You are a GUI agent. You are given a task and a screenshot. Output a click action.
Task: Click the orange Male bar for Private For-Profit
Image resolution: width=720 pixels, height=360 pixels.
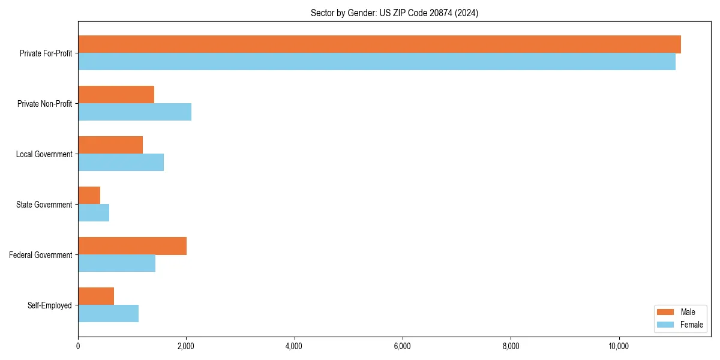pos(379,44)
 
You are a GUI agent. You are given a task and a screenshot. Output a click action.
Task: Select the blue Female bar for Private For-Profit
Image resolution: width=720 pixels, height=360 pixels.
pos(377,62)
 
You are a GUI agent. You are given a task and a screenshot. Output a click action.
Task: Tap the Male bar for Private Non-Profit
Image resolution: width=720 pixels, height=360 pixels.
pos(116,95)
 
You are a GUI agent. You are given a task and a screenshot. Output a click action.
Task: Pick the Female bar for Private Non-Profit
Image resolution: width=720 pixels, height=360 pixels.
pos(134,112)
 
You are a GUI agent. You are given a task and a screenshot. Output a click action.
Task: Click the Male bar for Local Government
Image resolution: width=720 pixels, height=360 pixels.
pos(110,145)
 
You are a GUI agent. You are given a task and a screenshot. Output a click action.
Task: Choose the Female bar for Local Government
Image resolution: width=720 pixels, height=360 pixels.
pos(121,163)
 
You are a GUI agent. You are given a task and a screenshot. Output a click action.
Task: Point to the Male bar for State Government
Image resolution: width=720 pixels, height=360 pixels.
pos(89,196)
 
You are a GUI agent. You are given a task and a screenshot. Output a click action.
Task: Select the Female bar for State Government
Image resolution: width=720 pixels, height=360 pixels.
pos(94,213)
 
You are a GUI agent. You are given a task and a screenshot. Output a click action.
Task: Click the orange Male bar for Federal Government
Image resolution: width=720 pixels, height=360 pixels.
pos(132,246)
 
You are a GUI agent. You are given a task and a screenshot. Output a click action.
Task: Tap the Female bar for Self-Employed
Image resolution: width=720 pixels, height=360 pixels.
pos(108,314)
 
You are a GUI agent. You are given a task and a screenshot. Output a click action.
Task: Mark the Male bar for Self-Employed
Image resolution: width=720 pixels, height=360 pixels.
pos(96,296)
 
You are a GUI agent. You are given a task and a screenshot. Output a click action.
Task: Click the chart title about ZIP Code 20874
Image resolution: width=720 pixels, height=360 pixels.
pos(394,13)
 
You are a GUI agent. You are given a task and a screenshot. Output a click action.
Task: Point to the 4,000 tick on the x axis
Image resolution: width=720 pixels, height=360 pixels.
pos(294,346)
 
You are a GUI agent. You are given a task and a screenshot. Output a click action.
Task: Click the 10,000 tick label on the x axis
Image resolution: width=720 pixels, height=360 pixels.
pos(619,346)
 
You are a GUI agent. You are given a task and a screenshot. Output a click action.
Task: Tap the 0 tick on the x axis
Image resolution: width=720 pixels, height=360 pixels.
pos(78,346)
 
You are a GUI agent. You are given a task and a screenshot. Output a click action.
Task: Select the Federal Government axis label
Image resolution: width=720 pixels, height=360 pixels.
pos(41,255)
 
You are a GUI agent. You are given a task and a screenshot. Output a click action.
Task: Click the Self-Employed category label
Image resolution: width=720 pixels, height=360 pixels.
pos(50,305)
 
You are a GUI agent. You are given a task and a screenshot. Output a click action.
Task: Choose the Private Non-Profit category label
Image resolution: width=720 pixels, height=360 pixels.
pos(44,104)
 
